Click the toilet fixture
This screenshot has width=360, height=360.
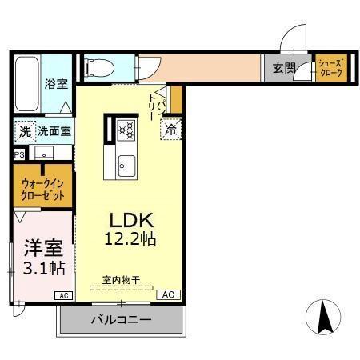[x=98, y=67]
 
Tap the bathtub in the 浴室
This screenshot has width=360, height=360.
[x=27, y=84]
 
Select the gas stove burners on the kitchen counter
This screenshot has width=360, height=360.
[x=126, y=130]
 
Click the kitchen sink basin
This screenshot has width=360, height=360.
[x=126, y=166]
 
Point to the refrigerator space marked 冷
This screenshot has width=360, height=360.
[x=171, y=129]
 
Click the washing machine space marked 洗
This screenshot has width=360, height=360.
[x=25, y=131]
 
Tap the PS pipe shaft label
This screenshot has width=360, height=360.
[x=19, y=155]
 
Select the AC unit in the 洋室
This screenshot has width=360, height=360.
[x=64, y=295]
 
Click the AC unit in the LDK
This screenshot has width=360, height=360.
[x=169, y=294]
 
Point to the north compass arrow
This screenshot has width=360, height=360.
[x=324, y=317]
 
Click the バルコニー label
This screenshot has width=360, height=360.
[x=121, y=319]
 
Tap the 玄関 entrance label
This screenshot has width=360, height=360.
[x=284, y=68]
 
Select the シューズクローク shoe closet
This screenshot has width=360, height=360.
[x=331, y=68]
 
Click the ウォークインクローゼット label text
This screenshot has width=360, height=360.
[x=42, y=190]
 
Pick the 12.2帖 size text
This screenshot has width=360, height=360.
[x=130, y=238]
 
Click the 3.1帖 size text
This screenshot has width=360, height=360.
[x=44, y=268]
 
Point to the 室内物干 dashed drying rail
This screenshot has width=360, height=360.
[x=122, y=288]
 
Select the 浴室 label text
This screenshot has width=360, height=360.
[x=56, y=84]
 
